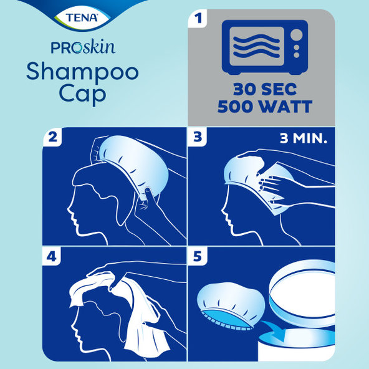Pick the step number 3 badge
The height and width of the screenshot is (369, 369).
tap(198, 138)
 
